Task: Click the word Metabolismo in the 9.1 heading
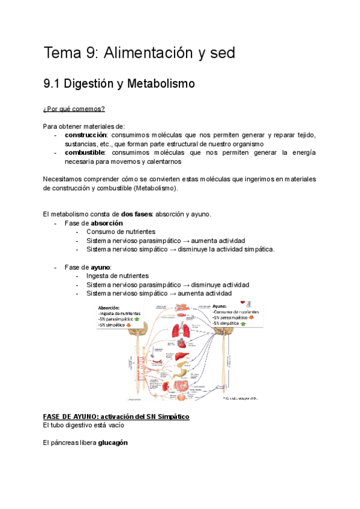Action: tap(164, 84)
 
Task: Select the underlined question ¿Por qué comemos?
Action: tap(74, 109)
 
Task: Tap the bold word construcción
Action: tap(86, 135)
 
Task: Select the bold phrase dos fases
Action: tap(136, 214)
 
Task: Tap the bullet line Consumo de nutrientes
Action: tap(121, 232)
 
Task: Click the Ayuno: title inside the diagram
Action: tap(223, 305)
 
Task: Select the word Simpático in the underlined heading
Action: tap(171, 417)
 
